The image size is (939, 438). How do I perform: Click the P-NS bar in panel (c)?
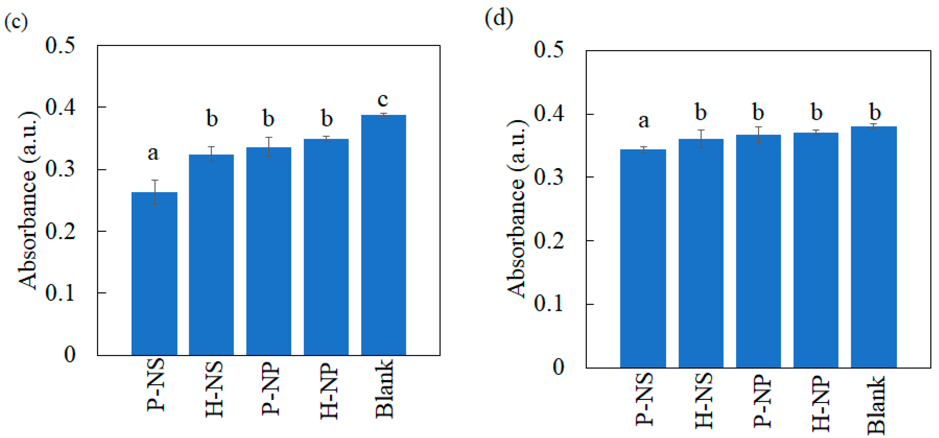pyautogui.click(x=154, y=274)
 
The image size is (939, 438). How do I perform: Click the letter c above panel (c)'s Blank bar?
pyautogui.click(x=383, y=100)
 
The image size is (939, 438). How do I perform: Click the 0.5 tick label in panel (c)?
pyautogui.click(x=60, y=46)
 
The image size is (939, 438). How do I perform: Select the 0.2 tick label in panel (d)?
pyautogui.click(x=549, y=241)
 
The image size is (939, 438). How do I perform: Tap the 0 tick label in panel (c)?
pyautogui.click(x=70, y=354)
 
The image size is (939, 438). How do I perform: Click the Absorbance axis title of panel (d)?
pyautogui.click(x=517, y=208)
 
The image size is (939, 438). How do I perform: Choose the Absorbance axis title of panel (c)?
pyautogui.click(x=28, y=201)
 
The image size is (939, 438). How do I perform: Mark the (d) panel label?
pyautogui.click(x=499, y=18)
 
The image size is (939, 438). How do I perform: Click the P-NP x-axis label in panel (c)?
pyautogui.click(x=270, y=389)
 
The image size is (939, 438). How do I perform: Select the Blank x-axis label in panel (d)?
pyautogui.click(x=876, y=405)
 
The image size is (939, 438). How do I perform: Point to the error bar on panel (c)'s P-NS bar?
pyautogui.click(x=155, y=192)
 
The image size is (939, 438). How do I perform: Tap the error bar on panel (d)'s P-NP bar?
pyautogui.click(x=759, y=135)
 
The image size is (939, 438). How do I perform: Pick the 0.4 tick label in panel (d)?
pyautogui.click(x=549, y=113)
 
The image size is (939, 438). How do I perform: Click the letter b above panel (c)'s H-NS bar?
pyautogui.click(x=212, y=119)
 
